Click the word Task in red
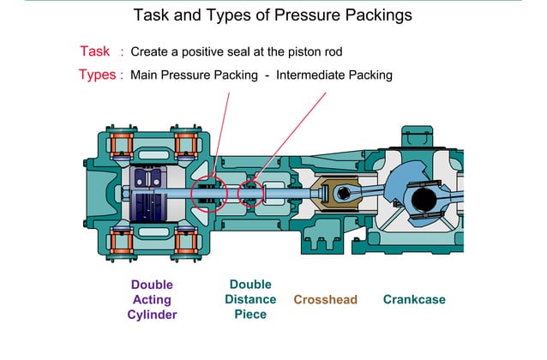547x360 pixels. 95,51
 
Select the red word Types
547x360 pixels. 97,75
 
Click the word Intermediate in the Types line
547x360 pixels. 311,75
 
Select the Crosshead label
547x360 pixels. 325,299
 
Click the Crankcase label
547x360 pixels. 414,299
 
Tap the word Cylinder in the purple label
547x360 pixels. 152,315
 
